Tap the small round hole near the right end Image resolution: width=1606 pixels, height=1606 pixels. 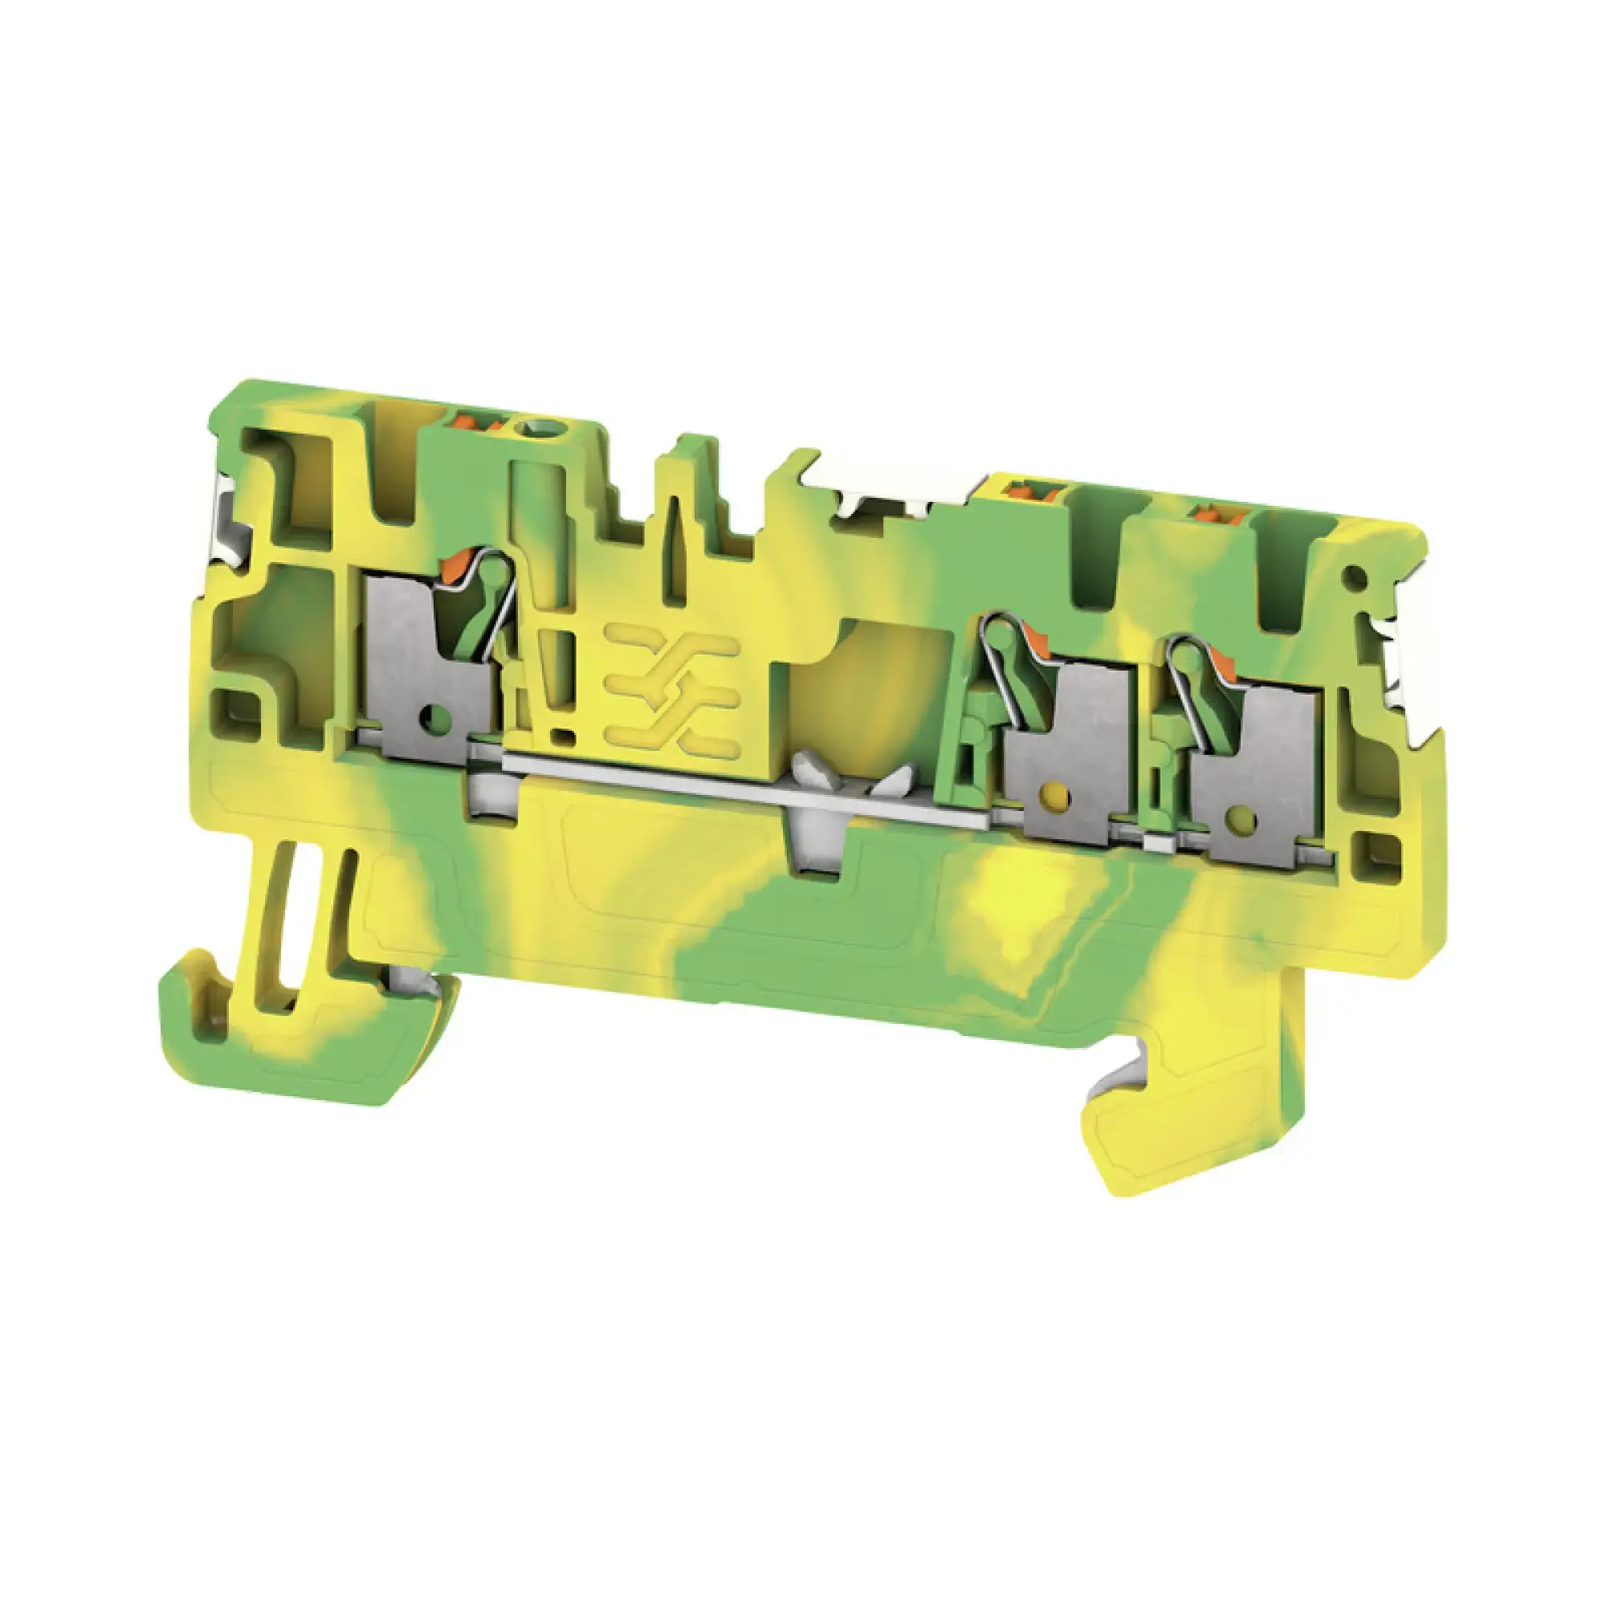tap(1355, 573)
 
